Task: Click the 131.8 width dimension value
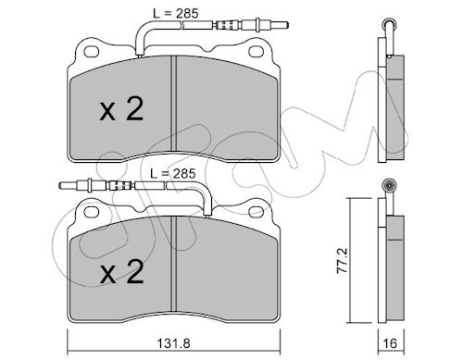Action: tap(173, 343)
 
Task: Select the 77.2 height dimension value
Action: tap(343, 261)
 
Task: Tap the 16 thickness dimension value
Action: tap(391, 343)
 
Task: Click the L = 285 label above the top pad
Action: tap(176, 14)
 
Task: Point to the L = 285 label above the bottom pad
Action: tap(173, 174)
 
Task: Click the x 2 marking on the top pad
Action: tap(121, 109)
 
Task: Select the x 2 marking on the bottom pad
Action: tap(121, 271)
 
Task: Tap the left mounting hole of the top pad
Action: tap(92, 52)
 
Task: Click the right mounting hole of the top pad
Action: tap(257, 52)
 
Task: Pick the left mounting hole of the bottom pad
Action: tap(92, 212)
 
